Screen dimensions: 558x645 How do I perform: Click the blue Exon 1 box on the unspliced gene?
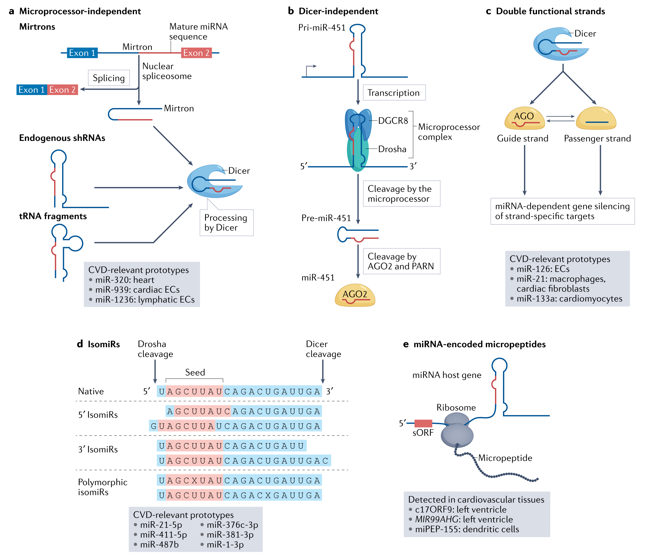pos(82,53)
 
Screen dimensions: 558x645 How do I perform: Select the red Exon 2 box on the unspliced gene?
pos(196,53)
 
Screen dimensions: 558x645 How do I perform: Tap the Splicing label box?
pos(109,78)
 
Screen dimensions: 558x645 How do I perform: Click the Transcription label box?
pos(394,93)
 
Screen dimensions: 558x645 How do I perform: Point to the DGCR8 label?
pos(393,121)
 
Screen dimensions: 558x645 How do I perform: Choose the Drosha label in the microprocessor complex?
pos(392,149)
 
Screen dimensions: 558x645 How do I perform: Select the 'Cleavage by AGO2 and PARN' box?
pos(401,261)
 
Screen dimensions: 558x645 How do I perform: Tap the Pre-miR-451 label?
pos(326,218)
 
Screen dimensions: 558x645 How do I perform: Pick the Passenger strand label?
pos(597,139)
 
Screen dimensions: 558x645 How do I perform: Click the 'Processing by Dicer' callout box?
pos(226,223)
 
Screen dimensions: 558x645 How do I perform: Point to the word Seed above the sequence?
pos(195,372)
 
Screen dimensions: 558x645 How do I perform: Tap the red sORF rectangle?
pos(423,424)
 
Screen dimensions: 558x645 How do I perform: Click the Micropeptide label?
pos(505,458)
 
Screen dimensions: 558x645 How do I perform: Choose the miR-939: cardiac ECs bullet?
pos(137,290)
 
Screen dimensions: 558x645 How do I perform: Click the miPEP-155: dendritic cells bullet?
pos(467,529)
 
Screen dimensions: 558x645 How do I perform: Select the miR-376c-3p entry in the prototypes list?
pos(232,525)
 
